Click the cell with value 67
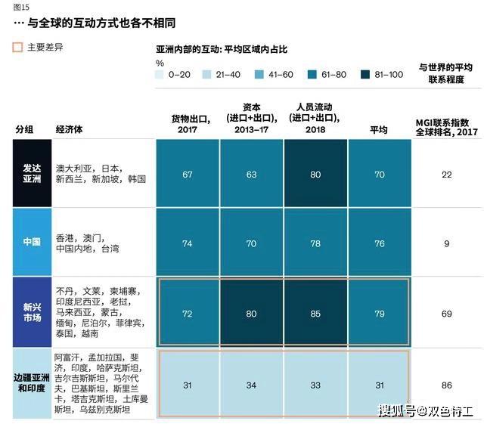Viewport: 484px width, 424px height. [188, 175]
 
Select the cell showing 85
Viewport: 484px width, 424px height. [315, 313]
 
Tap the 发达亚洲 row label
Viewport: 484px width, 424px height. [32, 174]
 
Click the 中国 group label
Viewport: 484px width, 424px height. [32, 243]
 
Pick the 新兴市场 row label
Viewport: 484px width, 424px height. [32, 312]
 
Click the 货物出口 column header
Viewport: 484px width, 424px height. [188, 124]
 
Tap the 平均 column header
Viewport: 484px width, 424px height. [379, 130]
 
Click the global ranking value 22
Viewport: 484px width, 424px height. [447, 175]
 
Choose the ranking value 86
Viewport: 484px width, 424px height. [447, 385]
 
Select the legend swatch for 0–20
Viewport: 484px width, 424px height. [161, 74]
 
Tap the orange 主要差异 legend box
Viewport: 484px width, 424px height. [18, 47]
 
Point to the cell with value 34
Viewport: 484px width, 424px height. [252, 385]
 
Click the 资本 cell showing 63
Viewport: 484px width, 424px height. [252, 175]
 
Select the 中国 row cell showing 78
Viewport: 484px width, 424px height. [315, 243]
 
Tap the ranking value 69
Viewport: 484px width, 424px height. [447, 313]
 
